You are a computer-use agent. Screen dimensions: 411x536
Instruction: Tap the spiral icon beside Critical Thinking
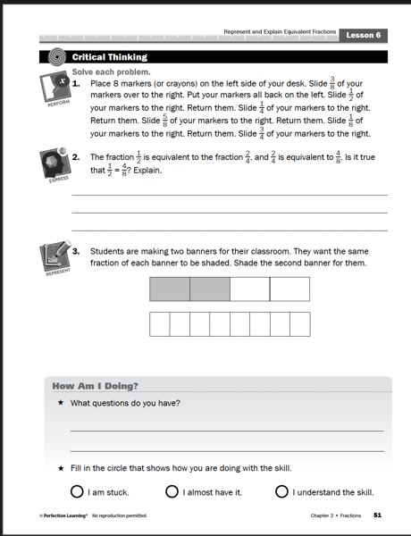click(x=58, y=56)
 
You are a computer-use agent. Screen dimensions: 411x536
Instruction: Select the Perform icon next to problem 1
click(x=55, y=89)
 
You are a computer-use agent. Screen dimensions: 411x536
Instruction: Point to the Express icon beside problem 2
click(x=55, y=165)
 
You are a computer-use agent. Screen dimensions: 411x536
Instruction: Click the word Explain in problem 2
click(x=146, y=170)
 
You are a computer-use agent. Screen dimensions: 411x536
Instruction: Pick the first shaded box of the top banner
click(x=170, y=289)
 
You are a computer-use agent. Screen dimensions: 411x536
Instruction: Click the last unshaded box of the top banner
click(x=289, y=289)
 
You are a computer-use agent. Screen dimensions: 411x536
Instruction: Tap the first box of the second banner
click(x=159, y=323)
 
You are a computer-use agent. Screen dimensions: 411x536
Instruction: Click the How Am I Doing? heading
click(x=96, y=386)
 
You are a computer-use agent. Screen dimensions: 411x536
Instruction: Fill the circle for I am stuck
click(x=78, y=491)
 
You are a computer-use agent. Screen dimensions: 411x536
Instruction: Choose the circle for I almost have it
click(x=172, y=491)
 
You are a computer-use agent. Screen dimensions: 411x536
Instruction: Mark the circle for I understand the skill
click(x=282, y=491)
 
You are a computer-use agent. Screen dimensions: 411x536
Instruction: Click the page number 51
click(x=378, y=515)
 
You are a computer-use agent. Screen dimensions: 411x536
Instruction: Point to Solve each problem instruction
click(x=111, y=71)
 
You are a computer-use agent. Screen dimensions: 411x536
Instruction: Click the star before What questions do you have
click(x=61, y=403)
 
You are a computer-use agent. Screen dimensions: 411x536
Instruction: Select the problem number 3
click(x=76, y=251)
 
